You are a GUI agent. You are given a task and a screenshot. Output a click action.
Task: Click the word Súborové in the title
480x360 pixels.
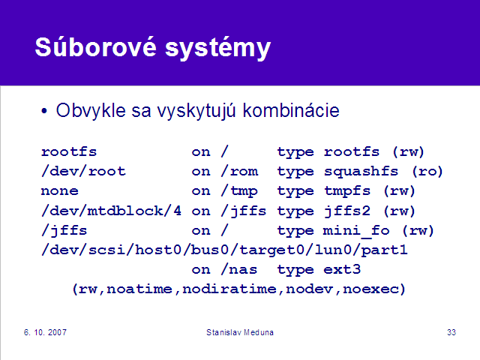click(x=95, y=46)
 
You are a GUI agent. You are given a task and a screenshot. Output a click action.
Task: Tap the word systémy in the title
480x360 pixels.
click(x=218, y=48)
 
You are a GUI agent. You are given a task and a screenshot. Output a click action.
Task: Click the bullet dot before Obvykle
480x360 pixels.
click(x=44, y=111)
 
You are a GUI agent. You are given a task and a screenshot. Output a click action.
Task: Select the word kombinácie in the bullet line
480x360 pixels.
click(x=291, y=110)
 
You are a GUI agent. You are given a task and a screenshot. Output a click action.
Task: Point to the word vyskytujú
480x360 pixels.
click(x=196, y=111)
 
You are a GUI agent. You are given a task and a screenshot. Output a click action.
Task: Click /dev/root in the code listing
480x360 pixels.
click(x=83, y=171)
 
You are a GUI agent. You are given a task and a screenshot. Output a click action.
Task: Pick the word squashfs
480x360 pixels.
click(x=361, y=172)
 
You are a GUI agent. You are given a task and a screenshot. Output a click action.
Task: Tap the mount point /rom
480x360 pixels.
click(x=239, y=171)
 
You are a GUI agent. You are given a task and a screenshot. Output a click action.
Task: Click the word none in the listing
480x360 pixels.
click(x=60, y=191)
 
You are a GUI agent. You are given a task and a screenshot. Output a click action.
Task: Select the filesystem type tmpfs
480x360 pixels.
click(x=347, y=191)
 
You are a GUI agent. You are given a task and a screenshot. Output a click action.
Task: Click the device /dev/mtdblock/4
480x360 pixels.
click(x=111, y=211)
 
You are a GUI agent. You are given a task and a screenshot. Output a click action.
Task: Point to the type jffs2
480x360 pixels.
click(x=346, y=211)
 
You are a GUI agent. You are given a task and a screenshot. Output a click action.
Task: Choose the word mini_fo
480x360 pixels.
click(x=356, y=230)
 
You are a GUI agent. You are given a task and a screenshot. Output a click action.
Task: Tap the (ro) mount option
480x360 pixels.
click(x=427, y=172)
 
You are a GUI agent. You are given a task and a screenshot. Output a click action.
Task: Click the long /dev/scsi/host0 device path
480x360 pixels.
click(x=224, y=250)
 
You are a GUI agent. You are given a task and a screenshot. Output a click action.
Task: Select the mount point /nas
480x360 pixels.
click(x=239, y=269)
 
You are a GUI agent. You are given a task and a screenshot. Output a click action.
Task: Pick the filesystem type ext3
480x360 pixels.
click(x=342, y=269)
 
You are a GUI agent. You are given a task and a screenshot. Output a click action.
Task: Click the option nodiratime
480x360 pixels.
click(x=229, y=289)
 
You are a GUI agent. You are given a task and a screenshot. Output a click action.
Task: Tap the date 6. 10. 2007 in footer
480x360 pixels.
click(x=45, y=332)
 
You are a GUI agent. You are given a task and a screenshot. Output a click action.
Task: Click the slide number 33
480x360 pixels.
click(x=451, y=332)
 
